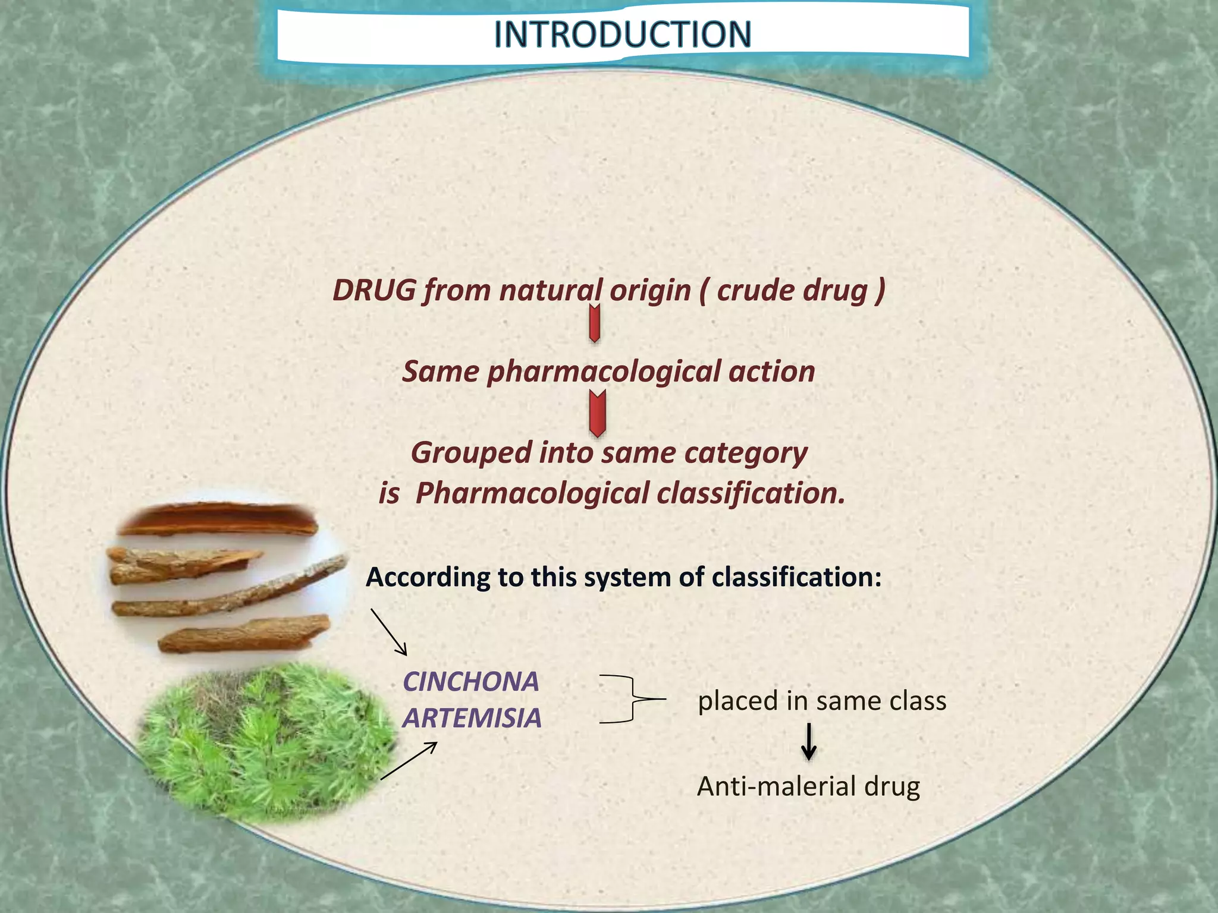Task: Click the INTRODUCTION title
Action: click(622, 34)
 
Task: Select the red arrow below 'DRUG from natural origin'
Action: click(594, 323)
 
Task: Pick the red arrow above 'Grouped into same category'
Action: click(597, 413)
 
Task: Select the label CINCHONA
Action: click(470, 682)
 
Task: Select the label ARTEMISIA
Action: click(472, 718)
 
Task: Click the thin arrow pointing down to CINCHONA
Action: click(389, 632)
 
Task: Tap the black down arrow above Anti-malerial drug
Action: click(808, 742)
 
